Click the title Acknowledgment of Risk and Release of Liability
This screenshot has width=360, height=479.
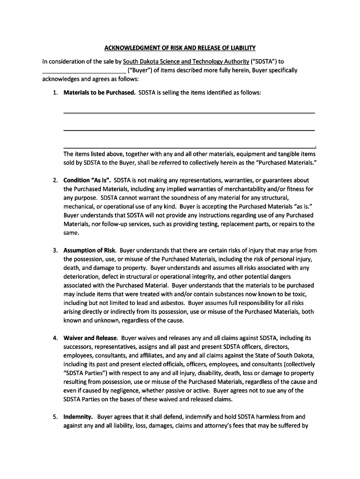point(180,48)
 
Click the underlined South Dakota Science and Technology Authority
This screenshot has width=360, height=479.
point(186,61)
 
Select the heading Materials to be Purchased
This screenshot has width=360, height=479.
point(99,93)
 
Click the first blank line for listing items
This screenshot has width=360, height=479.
point(189,112)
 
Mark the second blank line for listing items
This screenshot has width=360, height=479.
point(189,130)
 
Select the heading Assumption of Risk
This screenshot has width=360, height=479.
point(90,250)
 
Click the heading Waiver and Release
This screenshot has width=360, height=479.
point(91,338)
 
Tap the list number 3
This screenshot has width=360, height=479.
point(55,250)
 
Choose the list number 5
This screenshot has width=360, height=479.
point(55,416)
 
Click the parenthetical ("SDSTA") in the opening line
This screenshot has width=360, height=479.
point(265,61)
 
